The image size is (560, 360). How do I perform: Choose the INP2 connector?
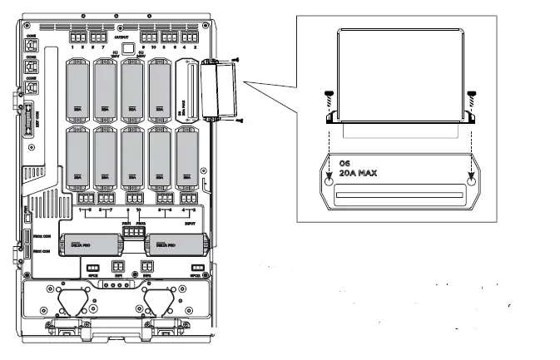pyautogui.click(x=146, y=267)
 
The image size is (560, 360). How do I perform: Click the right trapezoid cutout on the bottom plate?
pyautogui.click(x=162, y=300)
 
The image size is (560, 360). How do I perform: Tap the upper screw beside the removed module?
pyautogui.click(x=237, y=60)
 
